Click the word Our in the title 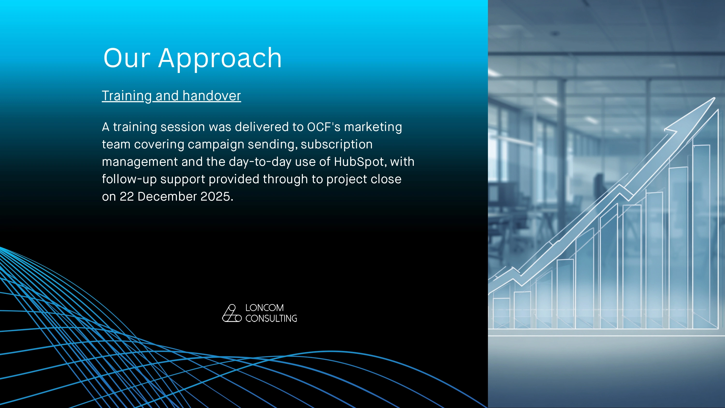127,58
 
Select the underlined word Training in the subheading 127,96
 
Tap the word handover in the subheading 212,96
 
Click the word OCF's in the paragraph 324,127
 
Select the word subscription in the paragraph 337,145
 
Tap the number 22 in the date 127,197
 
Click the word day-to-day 260,162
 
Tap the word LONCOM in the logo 265,308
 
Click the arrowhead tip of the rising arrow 715,98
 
